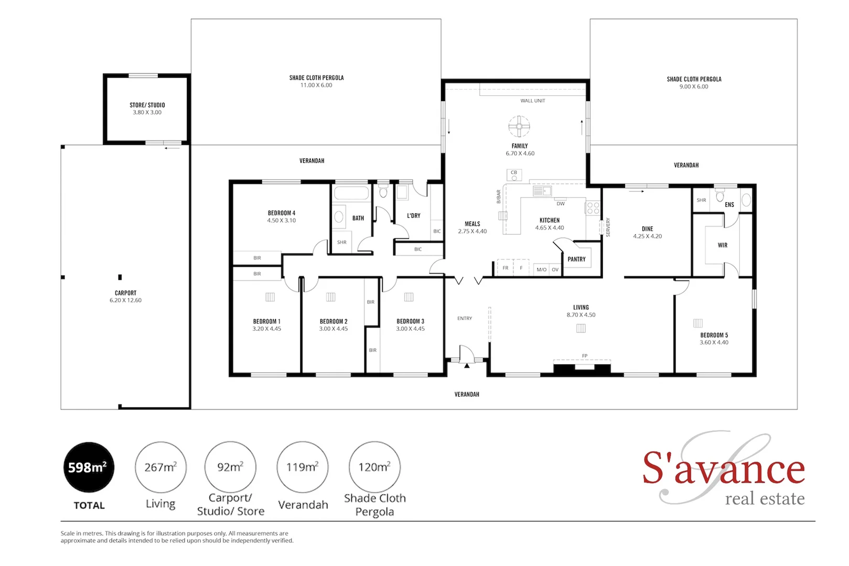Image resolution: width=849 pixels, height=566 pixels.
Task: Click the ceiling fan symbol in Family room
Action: (x=519, y=126)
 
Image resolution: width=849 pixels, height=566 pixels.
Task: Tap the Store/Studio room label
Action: (x=147, y=105)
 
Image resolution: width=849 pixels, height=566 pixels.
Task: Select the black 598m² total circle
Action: (x=89, y=467)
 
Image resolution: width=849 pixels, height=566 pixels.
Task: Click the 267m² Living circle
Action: (x=160, y=467)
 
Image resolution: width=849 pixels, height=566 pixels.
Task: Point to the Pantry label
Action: (x=576, y=259)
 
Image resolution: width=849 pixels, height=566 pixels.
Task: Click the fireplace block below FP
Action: (x=582, y=369)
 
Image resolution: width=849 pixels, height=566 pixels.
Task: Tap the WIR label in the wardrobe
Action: (x=723, y=245)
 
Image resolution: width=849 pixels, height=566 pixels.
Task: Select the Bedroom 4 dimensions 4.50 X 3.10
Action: (x=282, y=221)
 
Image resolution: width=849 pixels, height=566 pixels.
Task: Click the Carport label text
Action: (x=125, y=293)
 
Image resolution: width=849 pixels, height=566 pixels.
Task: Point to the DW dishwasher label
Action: (x=561, y=204)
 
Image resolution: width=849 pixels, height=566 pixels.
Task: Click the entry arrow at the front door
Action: (x=467, y=365)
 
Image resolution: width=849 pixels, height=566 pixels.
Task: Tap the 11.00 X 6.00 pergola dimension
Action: (x=316, y=85)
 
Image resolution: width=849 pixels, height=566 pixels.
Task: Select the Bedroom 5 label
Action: (x=714, y=335)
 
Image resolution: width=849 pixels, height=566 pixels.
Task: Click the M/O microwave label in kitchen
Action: (x=541, y=269)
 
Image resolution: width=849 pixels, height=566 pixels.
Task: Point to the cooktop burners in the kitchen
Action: (x=593, y=208)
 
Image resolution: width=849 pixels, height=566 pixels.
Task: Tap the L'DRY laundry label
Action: (x=414, y=215)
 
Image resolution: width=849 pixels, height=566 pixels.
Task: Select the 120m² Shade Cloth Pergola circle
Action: (x=374, y=467)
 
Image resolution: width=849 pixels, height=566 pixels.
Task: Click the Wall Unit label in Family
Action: (x=533, y=101)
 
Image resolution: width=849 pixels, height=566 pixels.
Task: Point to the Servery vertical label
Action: (x=608, y=227)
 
